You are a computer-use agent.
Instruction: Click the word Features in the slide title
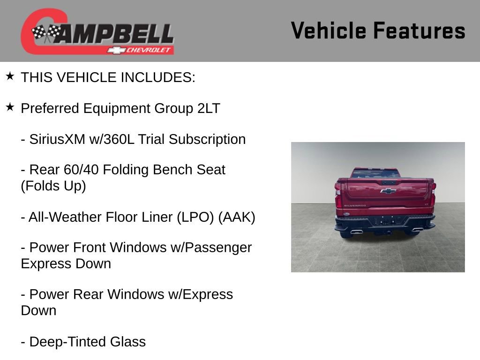(419, 31)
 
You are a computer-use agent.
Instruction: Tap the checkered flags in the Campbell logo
(46, 33)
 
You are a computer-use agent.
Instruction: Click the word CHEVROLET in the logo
(150, 50)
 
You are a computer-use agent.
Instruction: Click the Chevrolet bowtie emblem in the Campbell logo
(116, 50)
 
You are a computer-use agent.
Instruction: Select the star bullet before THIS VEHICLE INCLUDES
(10, 76)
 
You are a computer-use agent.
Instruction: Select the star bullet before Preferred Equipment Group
(10, 107)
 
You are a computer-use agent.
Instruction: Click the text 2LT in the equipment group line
(208, 108)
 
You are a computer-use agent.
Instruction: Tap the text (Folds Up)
(53, 186)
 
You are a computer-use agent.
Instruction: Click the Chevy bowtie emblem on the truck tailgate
(387, 191)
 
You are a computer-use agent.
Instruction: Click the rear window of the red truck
(375, 174)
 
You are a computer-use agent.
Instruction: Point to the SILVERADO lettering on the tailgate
(355, 205)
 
